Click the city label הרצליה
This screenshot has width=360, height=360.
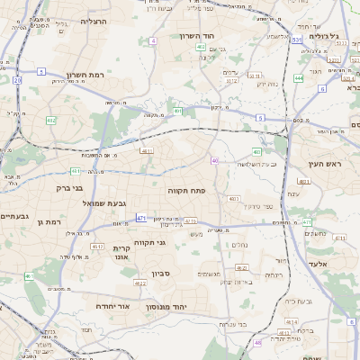click(94, 20)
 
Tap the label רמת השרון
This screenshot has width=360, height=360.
click(85, 77)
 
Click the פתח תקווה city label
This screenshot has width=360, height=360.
click(187, 192)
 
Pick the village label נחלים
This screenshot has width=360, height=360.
click(240, 244)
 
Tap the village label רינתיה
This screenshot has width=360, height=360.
click(274, 274)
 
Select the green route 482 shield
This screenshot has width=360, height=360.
click(51, 120)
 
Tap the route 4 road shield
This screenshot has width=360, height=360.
click(154, 41)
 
